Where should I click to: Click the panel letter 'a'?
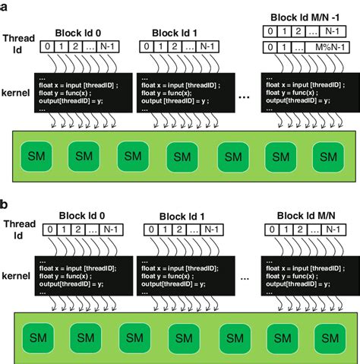(x=5, y=6)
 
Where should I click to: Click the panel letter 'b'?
(x=5, y=204)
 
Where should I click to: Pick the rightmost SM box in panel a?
(x=328, y=158)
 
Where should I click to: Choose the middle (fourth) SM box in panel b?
(x=181, y=337)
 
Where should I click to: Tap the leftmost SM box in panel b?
(x=33, y=337)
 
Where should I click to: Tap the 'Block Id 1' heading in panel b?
(x=181, y=215)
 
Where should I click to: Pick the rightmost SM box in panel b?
(x=328, y=337)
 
